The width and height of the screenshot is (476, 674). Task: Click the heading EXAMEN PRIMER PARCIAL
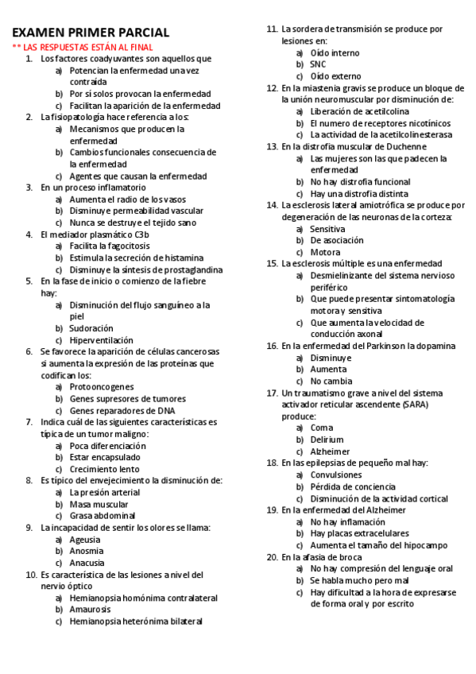[91, 33]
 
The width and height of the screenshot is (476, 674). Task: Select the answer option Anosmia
[86, 550]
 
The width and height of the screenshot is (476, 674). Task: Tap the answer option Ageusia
[85, 539]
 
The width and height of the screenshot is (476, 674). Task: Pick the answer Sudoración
[91, 327]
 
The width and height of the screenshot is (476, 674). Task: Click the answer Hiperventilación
[101, 339]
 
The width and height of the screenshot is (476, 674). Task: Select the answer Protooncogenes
[102, 386]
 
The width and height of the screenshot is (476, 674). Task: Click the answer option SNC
[318, 64]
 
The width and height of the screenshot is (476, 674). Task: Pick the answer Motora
[325, 252]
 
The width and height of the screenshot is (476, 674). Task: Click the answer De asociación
[337, 240]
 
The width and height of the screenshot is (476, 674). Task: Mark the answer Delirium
[327, 440]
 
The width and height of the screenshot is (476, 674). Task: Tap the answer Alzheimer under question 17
[331, 451]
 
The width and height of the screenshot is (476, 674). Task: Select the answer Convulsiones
[336, 475]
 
